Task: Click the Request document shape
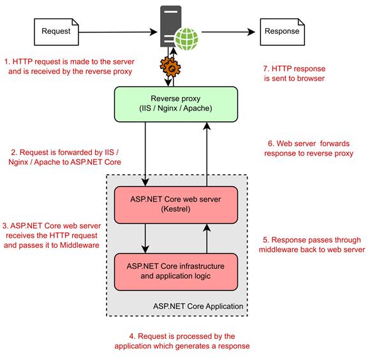coord(56,30)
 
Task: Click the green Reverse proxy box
coord(175,103)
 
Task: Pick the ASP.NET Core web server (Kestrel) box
coord(175,204)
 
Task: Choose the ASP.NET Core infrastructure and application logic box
coord(175,271)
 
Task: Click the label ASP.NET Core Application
coord(198,306)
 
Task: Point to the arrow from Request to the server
coord(115,30)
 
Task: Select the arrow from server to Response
coord(230,30)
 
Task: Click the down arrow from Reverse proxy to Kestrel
coord(147,153)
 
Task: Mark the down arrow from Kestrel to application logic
coord(147,237)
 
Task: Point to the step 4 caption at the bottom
coord(182,341)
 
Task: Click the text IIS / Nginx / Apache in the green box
coord(175,109)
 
